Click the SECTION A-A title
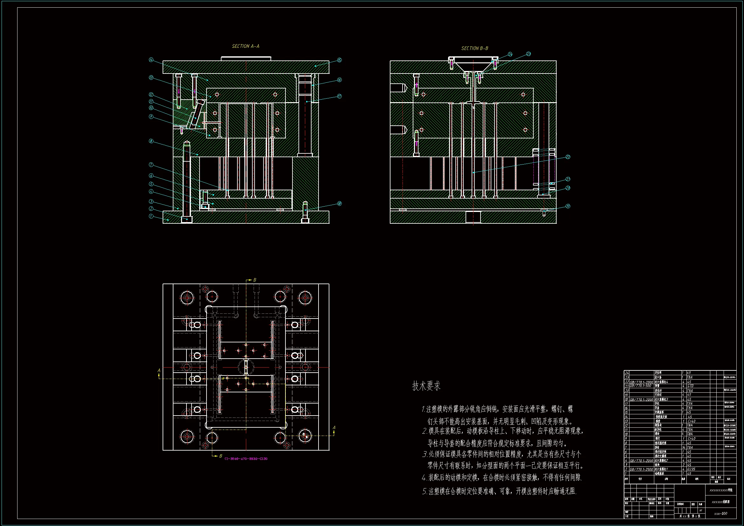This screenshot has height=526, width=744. point(245,46)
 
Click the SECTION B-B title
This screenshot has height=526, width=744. point(474,48)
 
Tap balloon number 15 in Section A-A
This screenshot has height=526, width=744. point(339,60)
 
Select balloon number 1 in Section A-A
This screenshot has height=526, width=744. point(151,216)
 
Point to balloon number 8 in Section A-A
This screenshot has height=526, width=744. point(151,141)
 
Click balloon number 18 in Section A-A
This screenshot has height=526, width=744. point(339,204)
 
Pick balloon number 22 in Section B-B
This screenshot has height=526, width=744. point(568,157)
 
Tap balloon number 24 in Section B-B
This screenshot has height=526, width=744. point(510,54)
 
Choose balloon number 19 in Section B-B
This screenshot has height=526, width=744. point(568,206)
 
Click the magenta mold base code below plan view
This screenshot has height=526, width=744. point(246,459)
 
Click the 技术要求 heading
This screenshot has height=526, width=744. point(426,386)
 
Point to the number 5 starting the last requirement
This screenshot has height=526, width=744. point(424,491)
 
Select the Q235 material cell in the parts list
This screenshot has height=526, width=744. point(691,469)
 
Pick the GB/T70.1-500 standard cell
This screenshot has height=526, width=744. point(640,386)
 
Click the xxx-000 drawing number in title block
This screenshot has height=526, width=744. point(720,513)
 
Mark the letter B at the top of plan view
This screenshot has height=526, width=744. point(255,280)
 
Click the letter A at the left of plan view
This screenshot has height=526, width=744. point(159,370)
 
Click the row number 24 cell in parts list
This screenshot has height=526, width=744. point(627,373)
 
